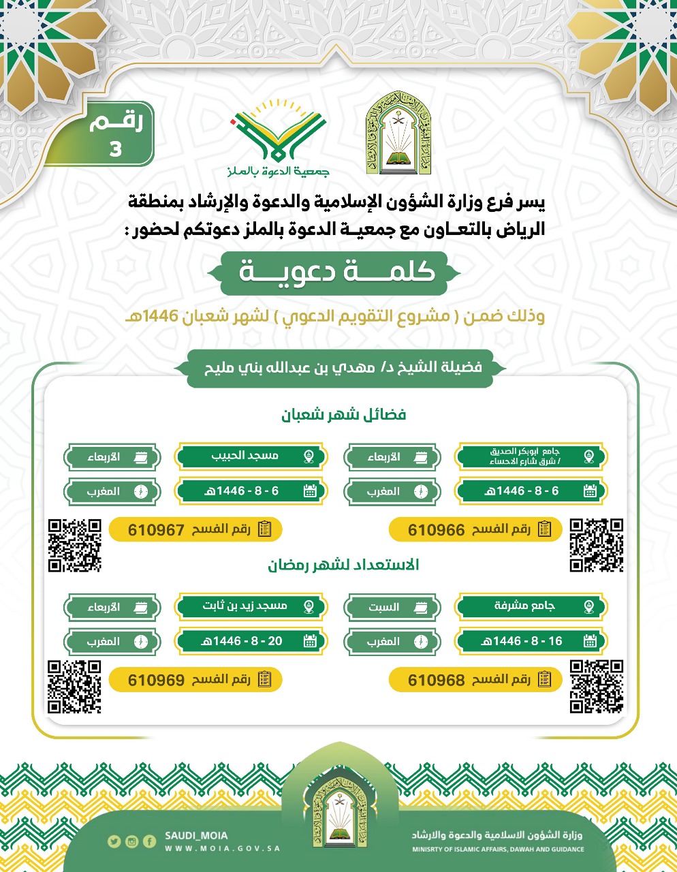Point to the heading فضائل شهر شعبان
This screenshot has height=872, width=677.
[344, 414]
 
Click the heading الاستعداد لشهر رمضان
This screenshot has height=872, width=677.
[343, 565]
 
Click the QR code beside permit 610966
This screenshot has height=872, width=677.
[596, 545]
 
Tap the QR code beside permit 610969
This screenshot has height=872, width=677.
[74, 687]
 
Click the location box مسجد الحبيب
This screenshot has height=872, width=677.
[250, 456]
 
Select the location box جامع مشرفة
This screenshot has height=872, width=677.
[531, 606]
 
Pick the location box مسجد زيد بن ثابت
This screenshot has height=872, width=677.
[250, 606]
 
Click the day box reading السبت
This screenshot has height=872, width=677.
[392, 607]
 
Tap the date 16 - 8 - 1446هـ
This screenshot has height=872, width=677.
[531, 641]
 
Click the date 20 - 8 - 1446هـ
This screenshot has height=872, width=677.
[250, 641]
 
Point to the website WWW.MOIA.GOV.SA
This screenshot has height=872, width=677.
[222, 849]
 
